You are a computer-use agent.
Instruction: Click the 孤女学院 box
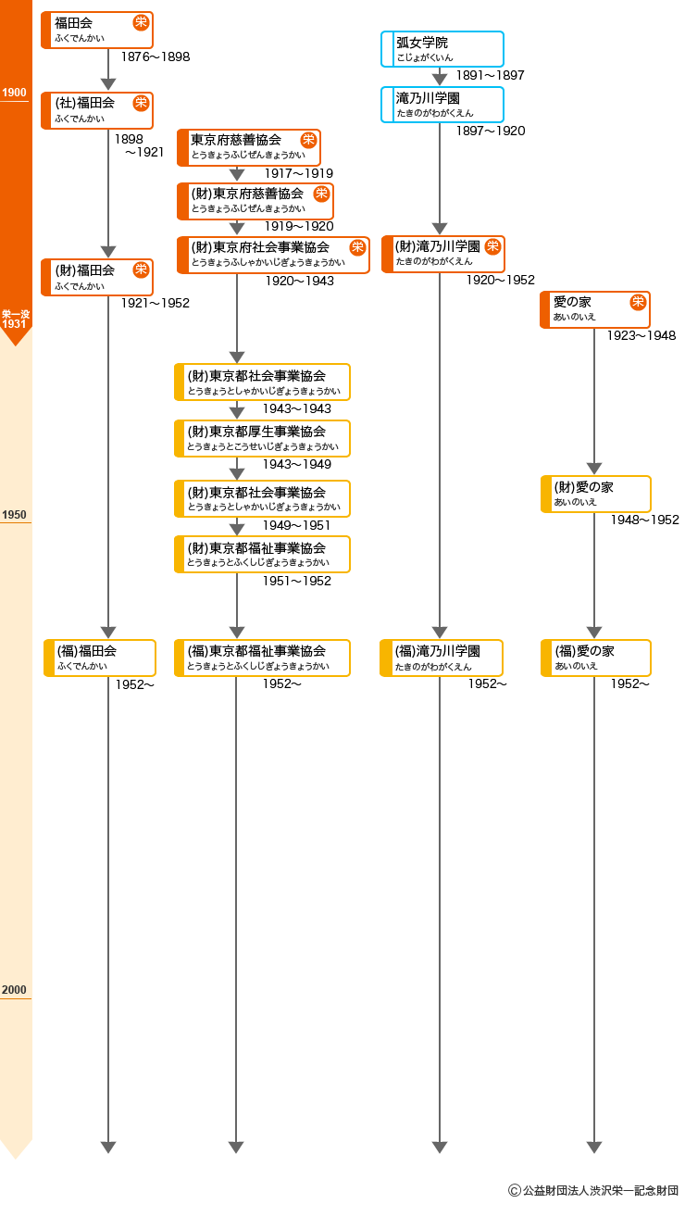442,49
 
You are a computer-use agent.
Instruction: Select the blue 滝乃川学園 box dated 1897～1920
442,105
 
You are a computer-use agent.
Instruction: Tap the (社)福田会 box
97,110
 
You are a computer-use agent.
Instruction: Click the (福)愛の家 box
596,658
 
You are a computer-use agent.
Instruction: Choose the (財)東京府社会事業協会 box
273,255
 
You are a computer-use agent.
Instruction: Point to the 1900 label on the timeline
15,93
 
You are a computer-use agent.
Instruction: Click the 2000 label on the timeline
15,990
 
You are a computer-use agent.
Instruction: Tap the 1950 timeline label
15,515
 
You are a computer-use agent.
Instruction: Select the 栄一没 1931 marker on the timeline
15,319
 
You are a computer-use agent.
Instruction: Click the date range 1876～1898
156,57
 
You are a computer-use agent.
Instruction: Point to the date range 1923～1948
641,335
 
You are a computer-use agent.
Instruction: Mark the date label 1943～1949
296,464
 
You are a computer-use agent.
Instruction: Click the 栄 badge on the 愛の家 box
638,302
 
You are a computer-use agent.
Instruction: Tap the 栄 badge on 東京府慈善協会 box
308,140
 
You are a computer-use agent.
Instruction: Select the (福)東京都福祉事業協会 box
263,658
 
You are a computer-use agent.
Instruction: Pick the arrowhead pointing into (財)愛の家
594,469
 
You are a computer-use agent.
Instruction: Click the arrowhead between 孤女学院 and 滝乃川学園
440,80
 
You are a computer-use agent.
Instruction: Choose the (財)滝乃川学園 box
443,254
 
